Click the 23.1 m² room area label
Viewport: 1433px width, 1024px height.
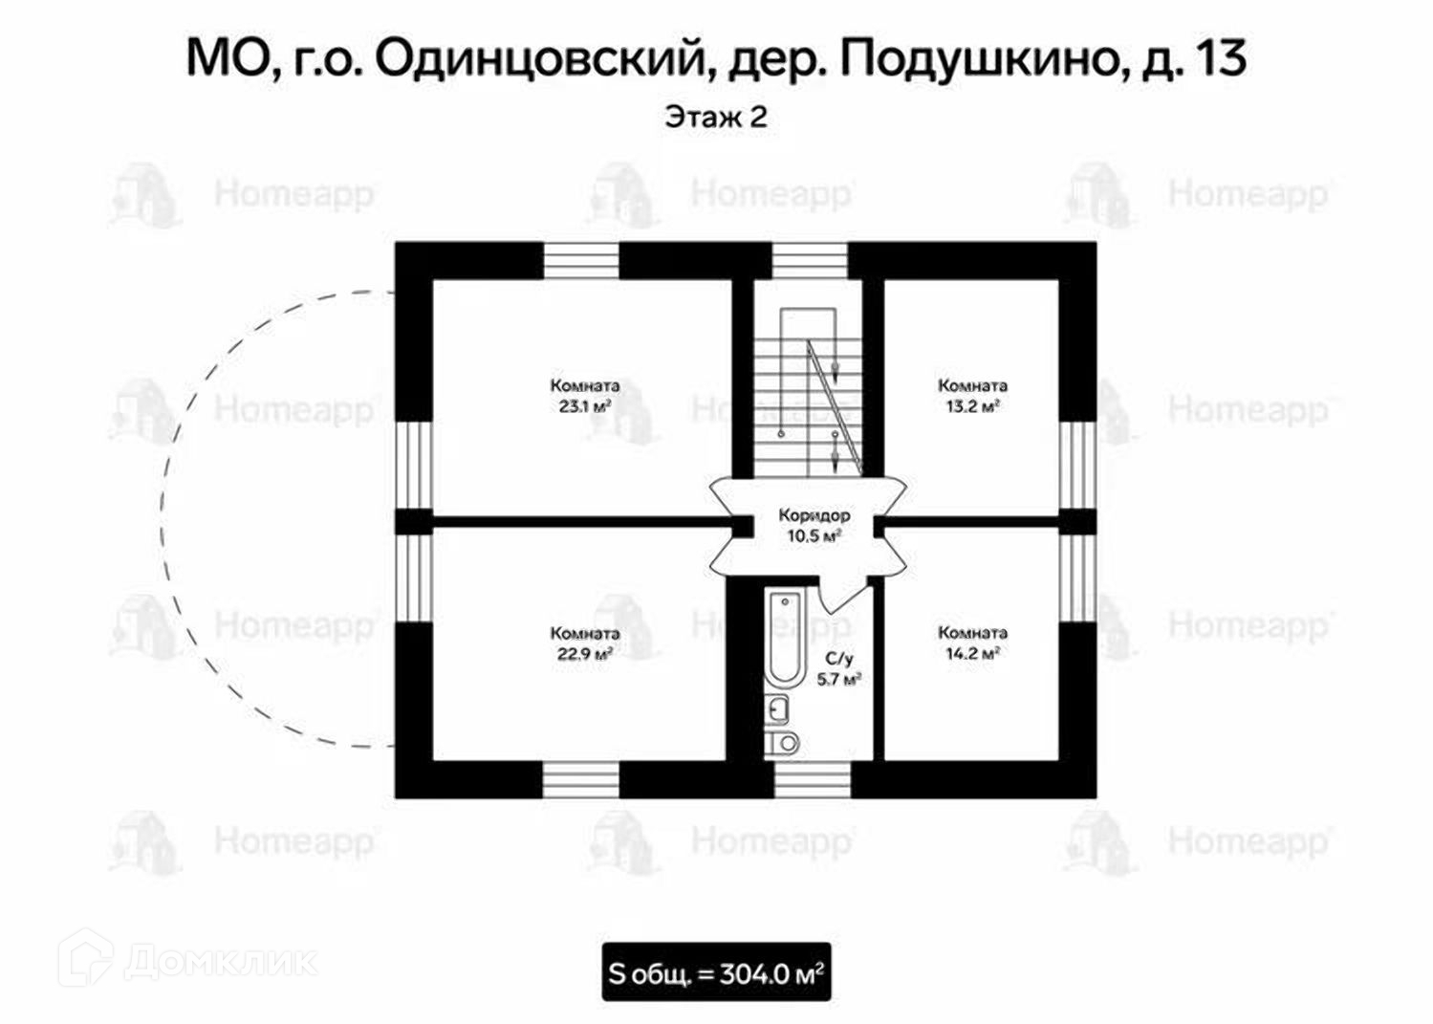584,396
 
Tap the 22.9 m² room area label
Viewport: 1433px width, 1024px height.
584,643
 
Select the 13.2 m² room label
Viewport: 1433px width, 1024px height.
972,396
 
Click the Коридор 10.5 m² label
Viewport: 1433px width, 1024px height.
814,526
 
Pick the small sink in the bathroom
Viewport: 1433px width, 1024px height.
779,708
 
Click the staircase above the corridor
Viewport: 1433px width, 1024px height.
809,392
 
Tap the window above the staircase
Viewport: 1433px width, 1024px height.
809,261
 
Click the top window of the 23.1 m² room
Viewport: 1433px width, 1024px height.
581,261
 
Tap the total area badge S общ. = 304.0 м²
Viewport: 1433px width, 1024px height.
716,973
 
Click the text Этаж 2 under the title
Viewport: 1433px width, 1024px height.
716,118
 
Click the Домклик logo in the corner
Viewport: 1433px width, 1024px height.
187,959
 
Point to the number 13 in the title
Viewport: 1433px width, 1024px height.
1221,59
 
